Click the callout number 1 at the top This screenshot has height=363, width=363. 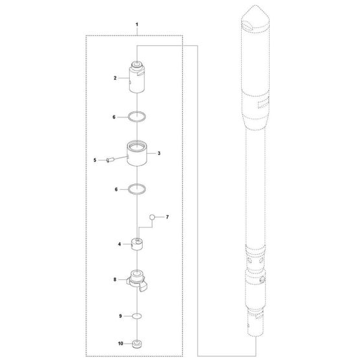pos(137,25)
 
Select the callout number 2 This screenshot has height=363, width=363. pos(115,78)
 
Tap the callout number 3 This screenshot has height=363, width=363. pos(159,153)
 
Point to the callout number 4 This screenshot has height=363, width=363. pos(119,244)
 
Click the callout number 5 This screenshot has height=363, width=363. pos(95,160)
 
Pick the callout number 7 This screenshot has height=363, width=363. pos(167,217)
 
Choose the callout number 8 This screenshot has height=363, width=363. pos(115,279)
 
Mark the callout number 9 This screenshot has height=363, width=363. pos(121,316)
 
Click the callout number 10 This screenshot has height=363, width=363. pos(121,344)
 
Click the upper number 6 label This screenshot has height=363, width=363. pos(114,117)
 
